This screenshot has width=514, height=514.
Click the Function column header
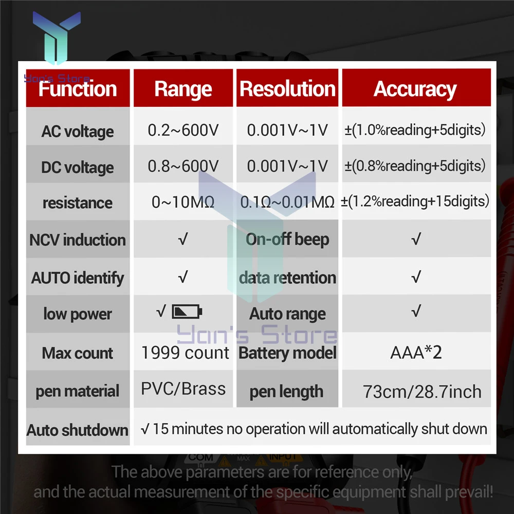tap(78, 89)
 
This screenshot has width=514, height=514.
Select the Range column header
tap(183, 89)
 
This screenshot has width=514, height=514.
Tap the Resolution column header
tap(287, 88)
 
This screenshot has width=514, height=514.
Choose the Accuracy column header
tap(415, 89)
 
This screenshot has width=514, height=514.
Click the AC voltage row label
tap(78, 132)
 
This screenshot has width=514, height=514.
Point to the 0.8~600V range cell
tap(183, 166)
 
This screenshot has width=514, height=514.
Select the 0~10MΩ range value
tap(183, 202)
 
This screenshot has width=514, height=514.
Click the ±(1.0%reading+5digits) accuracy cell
tap(415, 130)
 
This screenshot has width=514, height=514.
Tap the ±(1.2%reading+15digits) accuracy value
tap(415, 201)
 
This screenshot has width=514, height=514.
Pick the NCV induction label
tap(78, 240)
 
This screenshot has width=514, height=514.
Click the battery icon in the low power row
tap(187, 311)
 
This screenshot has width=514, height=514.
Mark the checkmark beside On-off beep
tap(416, 239)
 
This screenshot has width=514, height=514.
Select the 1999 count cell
tap(185, 353)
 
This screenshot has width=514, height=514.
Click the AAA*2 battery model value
tap(416, 353)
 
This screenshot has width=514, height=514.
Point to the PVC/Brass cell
tap(183, 389)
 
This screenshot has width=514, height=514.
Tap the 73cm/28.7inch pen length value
tap(422, 392)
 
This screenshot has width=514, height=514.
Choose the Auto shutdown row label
tap(78, 430)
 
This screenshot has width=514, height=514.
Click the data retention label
tap(287, 278)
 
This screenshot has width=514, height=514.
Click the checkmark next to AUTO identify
tap(183, 277)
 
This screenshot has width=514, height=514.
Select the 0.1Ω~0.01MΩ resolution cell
tap(287, 202)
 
